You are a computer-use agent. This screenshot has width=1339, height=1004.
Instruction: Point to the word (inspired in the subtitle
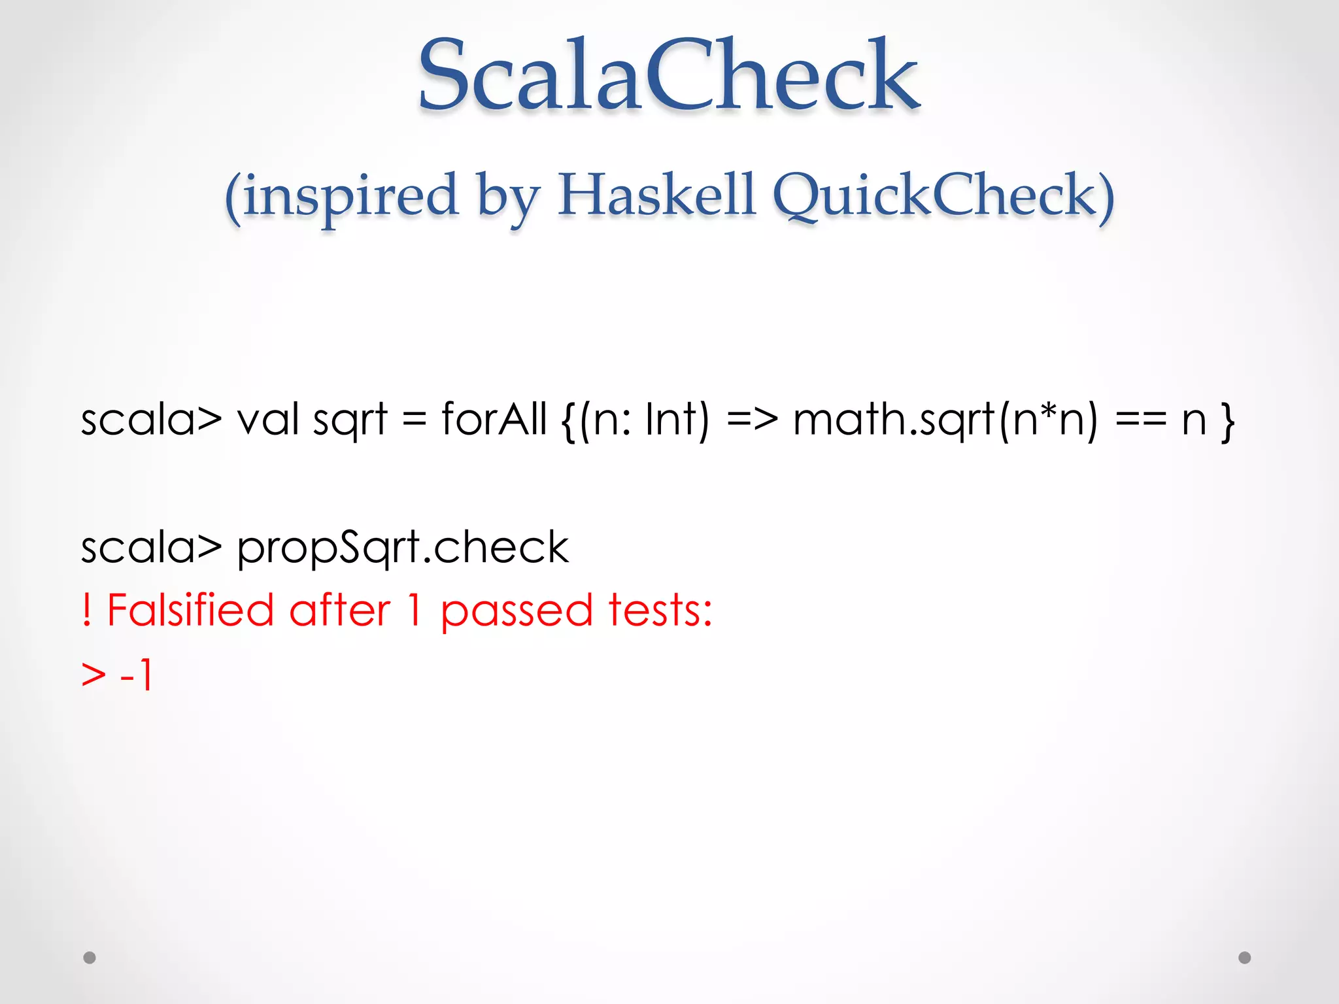point(341,196)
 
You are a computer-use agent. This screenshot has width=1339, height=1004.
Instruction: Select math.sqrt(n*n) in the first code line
point(945,420)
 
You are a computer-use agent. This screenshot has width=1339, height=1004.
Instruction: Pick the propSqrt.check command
point(403,547)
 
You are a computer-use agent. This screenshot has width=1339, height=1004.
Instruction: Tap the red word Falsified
point(190,611)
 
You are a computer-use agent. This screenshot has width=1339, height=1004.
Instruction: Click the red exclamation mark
point(86,611)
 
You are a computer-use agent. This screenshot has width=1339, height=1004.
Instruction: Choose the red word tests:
point(660,611)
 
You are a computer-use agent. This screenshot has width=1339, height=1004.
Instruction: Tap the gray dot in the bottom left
point(90,958)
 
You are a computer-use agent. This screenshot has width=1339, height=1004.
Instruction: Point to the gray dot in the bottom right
point(1245,958)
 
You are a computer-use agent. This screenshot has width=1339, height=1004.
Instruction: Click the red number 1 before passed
point(414,611)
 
